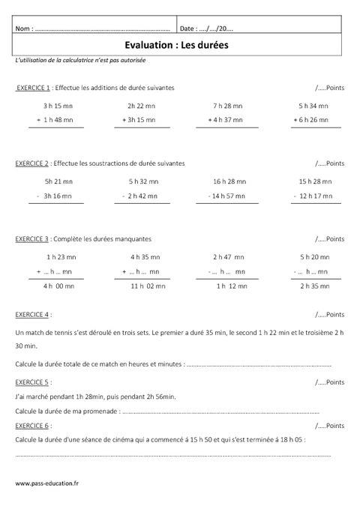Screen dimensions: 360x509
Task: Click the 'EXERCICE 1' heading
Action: point(33,88)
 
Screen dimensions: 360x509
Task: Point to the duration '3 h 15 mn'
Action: point(57,106)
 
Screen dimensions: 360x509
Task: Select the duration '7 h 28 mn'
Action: point(226,106)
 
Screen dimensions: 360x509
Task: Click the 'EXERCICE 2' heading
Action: point(33,163)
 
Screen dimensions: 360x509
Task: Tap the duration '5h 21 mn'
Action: point(58,181)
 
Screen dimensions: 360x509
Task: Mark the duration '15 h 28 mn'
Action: point(314,181)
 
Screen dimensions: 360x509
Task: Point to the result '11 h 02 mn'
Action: point(148,286)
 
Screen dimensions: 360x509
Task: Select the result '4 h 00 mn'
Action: point(58,286)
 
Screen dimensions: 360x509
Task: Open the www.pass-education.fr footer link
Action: point(46,483)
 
